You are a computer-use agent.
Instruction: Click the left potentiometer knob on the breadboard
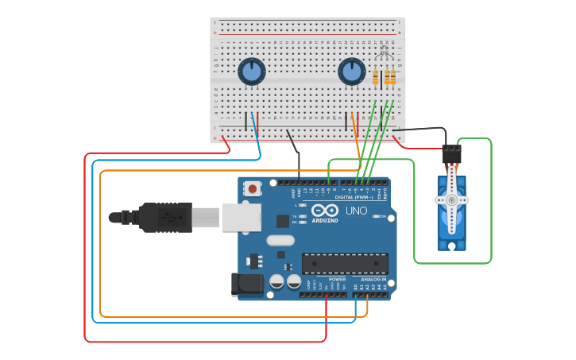click(252, 72)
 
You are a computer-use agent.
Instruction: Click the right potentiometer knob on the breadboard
click(352, 72)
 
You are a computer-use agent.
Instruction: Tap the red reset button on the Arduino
click(252, 189)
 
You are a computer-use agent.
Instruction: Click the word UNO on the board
click(356, 211)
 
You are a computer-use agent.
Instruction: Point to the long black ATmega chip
click(345, 263)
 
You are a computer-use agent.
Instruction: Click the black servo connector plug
click(451, 153)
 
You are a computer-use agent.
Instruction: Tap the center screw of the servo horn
click(451, 200)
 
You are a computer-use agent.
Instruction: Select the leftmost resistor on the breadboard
click(376, 77)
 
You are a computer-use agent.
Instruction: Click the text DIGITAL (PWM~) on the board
click(354, 197)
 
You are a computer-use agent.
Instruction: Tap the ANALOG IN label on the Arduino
click(373, 280)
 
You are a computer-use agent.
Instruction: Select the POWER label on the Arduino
click(337, 280)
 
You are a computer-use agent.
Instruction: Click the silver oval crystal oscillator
click(280, 240)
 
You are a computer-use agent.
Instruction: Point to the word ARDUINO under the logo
click(324, 220)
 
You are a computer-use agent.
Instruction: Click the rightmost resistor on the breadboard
click(392, 77)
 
